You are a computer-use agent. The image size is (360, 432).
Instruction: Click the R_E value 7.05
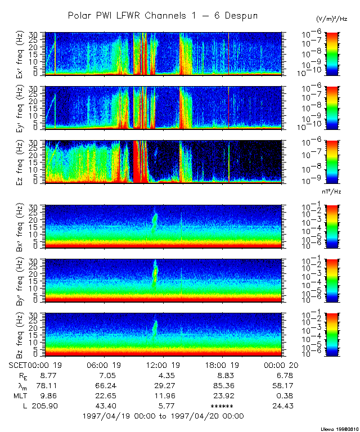coord(104,375)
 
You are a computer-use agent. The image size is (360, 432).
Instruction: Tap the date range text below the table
coord(163,416)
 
